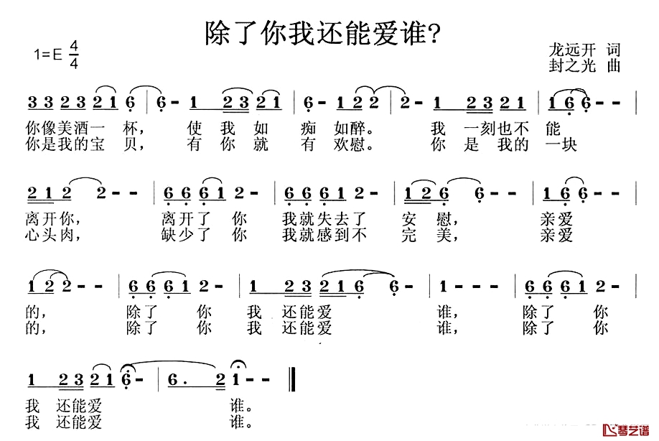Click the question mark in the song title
coord(434,34)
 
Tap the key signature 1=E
coord(48,55)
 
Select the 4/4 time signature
coord(74,55)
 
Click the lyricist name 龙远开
coord(572,50)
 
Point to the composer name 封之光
coord(572,65)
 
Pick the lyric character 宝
coord(97,144)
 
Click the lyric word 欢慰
coord(350,144)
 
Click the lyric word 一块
coord(561,144)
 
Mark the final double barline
coord(292,380)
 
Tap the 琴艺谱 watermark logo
coord(626,430)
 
